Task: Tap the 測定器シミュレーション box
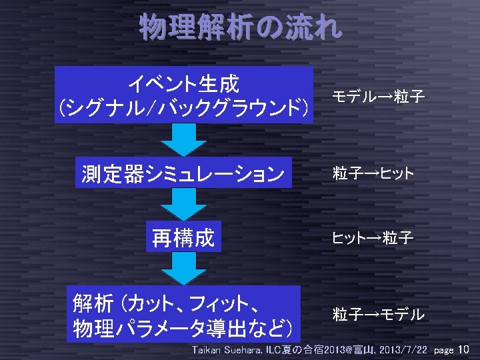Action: coord(183,174)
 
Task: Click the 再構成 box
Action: coord(183,237)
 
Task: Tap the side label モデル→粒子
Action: coord(379,97)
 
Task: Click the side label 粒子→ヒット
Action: coord(373,174)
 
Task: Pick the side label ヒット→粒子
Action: coord(373,237)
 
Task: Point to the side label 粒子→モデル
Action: coord(379,314)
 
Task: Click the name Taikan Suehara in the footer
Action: coord(227,350)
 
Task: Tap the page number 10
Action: coord(465,350)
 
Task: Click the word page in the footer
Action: coord(443,351)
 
